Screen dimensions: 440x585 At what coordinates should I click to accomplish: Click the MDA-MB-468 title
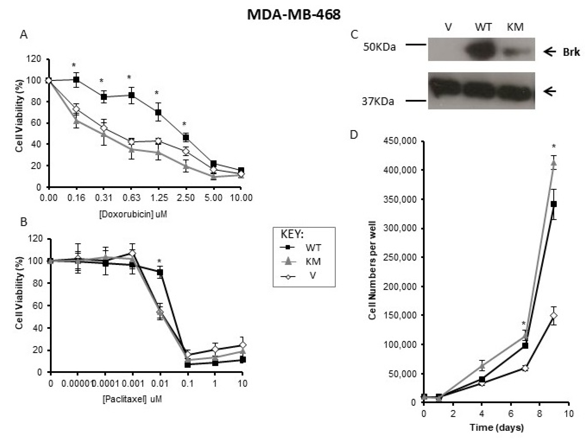(294, 15)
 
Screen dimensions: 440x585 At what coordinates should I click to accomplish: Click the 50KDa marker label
(379, 47)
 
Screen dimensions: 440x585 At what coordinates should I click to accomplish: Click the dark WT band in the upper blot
(480, 50)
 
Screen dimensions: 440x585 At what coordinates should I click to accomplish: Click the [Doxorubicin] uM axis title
(133, 214)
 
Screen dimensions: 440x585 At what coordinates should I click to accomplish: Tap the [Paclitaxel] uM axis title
(132, 399)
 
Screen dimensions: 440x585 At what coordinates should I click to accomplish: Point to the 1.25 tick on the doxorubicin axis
(159, 198)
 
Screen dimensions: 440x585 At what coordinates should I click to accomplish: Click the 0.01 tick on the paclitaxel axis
(160, 383)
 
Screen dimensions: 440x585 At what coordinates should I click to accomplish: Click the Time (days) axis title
(496, 427)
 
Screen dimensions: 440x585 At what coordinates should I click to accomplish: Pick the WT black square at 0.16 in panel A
(76, 79)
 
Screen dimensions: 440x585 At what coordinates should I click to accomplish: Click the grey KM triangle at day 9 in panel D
(554, 163)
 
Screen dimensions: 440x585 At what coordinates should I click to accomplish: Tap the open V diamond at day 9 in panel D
(554, 316)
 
